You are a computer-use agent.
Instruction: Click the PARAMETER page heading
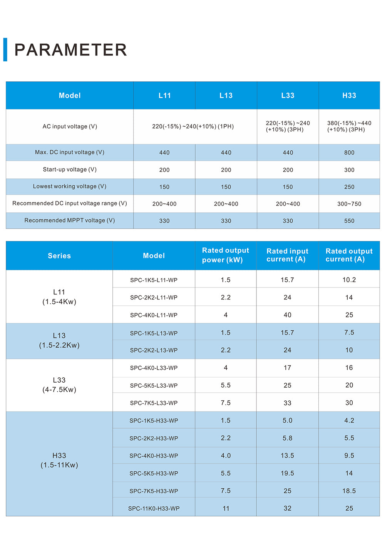70,50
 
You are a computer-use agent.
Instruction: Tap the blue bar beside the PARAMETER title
5,49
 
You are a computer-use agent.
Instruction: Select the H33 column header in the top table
349,95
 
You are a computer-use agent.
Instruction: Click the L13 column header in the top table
226,95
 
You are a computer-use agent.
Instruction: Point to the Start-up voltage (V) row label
70,169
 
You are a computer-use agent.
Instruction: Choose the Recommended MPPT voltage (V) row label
70,220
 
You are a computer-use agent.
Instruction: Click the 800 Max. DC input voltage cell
349,153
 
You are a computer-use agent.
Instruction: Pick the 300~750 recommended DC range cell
349,203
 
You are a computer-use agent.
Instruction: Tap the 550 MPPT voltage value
349,221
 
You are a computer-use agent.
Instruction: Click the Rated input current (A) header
287,255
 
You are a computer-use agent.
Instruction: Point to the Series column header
59,256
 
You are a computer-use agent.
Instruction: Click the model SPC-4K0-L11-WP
154,315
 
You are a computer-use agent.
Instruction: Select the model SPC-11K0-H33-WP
154,508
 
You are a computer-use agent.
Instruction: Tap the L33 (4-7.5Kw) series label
59,385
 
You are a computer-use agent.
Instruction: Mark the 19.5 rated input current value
287,473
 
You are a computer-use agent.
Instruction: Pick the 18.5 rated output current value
349,491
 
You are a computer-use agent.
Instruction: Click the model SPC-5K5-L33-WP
154,385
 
